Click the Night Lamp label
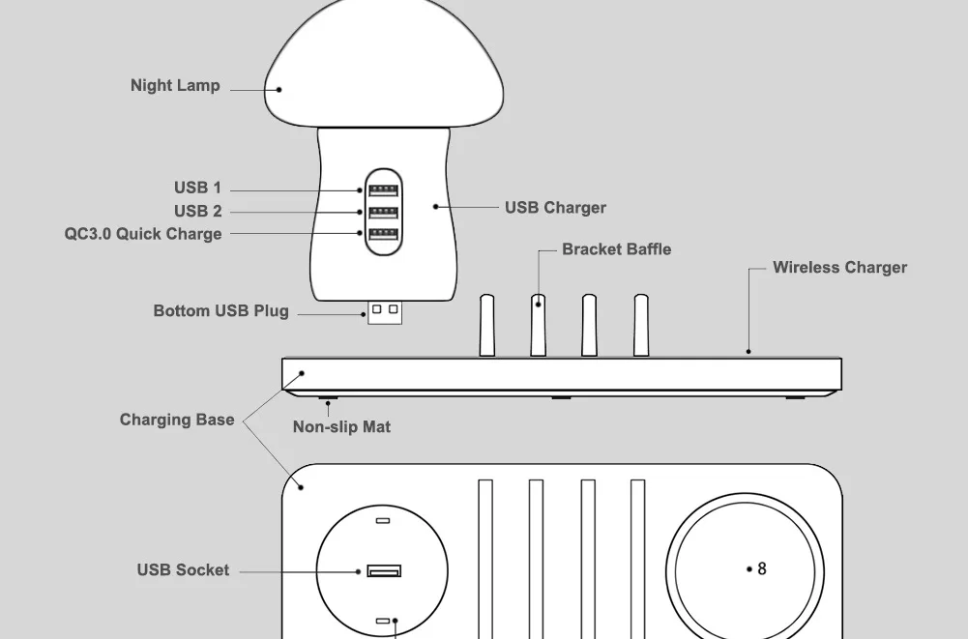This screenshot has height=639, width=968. click(x=175, y=86)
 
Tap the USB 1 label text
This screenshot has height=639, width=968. click(x=197, y=188)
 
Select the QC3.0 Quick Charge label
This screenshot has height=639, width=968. click(x=143, y=234)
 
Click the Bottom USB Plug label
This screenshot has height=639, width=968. click(x=220, y=311)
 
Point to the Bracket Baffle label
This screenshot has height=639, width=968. click(x=616, y=249)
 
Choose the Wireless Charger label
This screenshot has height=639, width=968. click(x=839, y=268)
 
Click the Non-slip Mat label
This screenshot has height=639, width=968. click(x=341, y=426)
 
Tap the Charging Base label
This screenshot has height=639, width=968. click(x=177, y=420)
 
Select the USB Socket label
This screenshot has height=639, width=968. click(x=183, y=570)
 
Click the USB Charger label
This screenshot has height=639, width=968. click(x=555, y=208)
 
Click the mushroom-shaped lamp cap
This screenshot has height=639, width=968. click(x=384, y=68)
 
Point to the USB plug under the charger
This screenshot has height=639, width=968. click(x=385, y=312)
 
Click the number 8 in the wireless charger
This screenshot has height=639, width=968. click(x=762, y=569)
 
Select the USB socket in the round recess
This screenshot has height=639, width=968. click(x=384, y=571)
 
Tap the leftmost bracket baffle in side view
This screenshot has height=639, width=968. click(x=487, y=326)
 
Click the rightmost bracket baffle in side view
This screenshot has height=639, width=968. click(x=640, y=326)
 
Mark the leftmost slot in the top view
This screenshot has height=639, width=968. click(x=485, y=556)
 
